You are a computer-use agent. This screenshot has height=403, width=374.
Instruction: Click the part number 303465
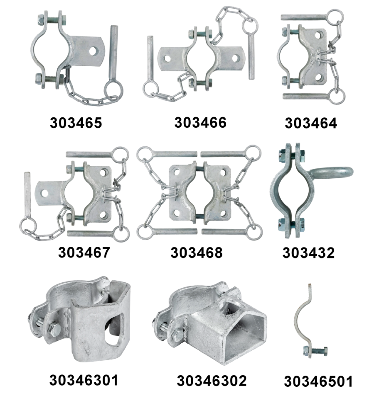tap(76, 123)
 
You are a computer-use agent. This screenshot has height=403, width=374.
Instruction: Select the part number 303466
tap(200, 123)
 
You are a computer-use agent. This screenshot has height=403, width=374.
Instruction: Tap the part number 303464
tap(311, 123)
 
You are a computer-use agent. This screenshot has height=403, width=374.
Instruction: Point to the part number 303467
tap(84, 252)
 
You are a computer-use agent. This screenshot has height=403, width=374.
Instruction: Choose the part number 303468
tap(197, 253)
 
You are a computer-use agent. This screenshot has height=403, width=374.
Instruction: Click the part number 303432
tap(309, 253)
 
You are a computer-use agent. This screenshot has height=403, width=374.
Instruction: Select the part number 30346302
tap(212, 381)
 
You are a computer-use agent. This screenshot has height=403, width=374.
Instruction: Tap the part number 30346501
tap(318, 382)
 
